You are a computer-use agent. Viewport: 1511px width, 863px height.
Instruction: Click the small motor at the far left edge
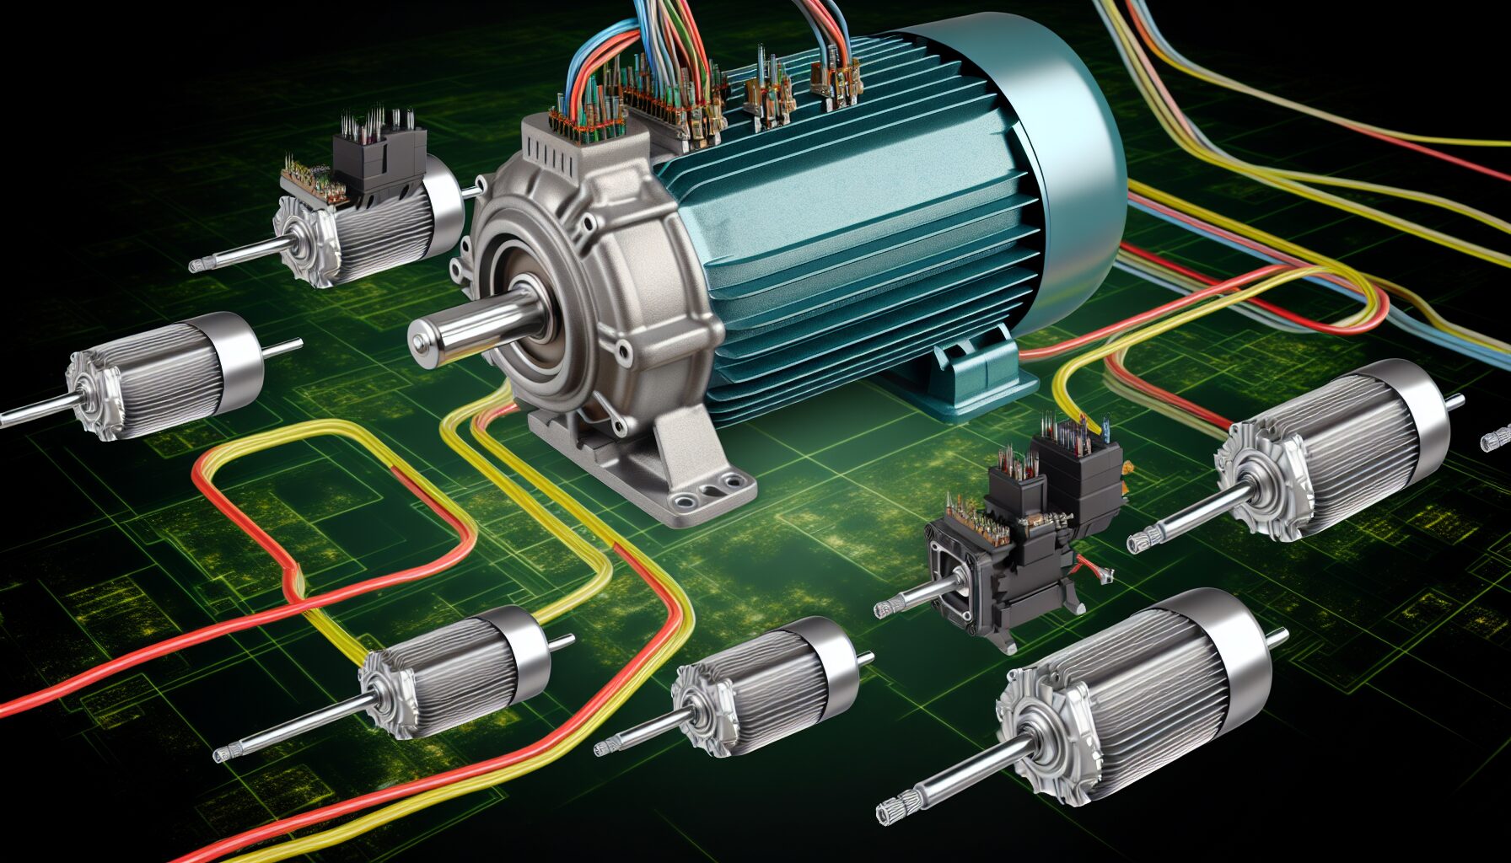(x=160, y=375)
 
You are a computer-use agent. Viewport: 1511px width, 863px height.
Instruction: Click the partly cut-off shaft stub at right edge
(x=1496, y=439)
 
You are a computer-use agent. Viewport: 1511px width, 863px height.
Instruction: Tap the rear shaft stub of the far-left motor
(x=282, y=346)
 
